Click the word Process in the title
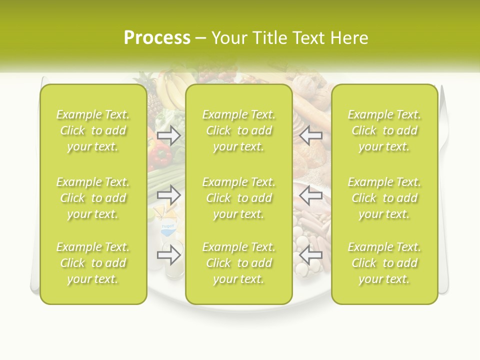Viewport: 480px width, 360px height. pyautogui.click(x=157, y=38)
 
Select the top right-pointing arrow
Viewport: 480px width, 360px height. pyautogui.click(x=169, y=135)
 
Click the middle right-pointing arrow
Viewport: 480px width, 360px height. pyautogui.click(x=169, y=194)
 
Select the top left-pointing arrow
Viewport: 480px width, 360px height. pyautogui.click(x=311, y=135)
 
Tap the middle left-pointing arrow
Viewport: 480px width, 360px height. pyautogui.click(x=311, y=194)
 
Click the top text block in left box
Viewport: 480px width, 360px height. pyautogui.click(x=93, y=130)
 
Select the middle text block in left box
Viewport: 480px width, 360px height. pyautogui.click(x=93, y=198)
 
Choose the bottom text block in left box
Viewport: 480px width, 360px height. pyautogui.click(x=93, y=263)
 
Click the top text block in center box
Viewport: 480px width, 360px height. pyautogui.click(x=238, y=130)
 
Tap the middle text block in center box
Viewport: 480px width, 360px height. pyautogui.click(x=238, y=198)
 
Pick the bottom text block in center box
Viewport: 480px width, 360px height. pyautogui.click(x=238, y=263)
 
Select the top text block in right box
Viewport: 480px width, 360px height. pyautogui.click(x=384, y=130)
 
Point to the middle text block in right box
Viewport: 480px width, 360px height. pyautogui.click(x=384, y=198)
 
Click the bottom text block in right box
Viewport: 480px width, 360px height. pyautogui.click(x=384, y=263)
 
